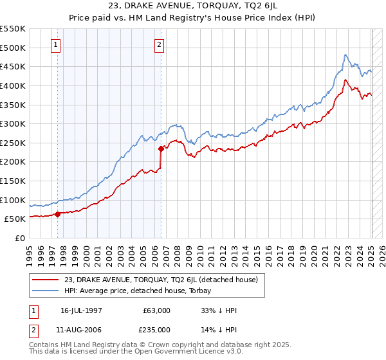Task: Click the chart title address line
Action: pyautogui.click(x=192, y=8)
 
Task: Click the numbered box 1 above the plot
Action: pyautogui.click(x=56, y=45)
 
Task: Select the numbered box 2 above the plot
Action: pyautogui.click(x=159, y=45)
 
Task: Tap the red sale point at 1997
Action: pyautogui.click(x=58, y=214)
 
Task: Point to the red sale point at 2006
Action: pyautogui.click(x=161, y=148)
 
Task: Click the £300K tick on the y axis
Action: pyautogui.click(x=14, y=123)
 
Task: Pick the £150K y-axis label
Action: pyautogui.click(x=14, y=181)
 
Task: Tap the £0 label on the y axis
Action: pyautogui.click(x=19, y=238)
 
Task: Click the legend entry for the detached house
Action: pyautogui.click(x=161, y=280)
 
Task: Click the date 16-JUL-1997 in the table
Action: pyautogui.click(x=82, y=310)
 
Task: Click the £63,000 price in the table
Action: pyautogui.click(x=157, y=310)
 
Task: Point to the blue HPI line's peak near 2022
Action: pyautogui.click(x=345, y=55)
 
